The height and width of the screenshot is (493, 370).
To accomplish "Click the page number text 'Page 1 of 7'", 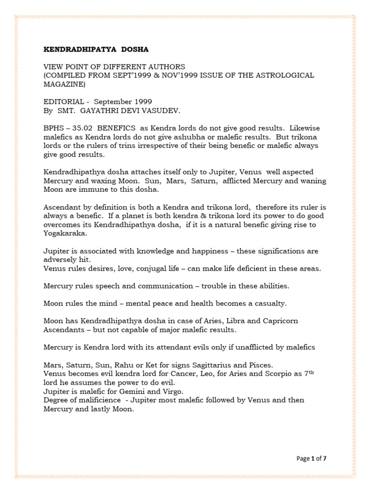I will tap(311, 458).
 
